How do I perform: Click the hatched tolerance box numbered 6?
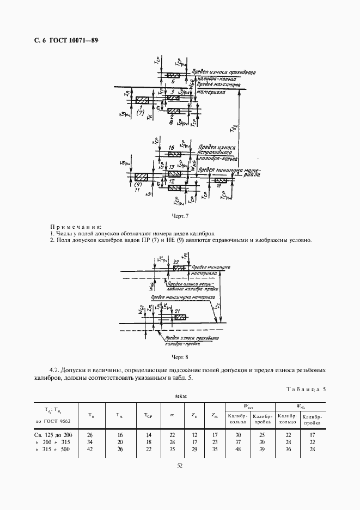pyautogui.click(x=173, y=75)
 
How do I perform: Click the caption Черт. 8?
pyautogui.click(x=179, y=357)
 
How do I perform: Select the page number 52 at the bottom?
pyautogui.click(x=179, y=465)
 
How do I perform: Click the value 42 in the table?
pyautogui.click(x=90, y=450)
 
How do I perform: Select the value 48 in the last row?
pyautogui.click(x=237, y=450)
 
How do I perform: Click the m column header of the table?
pyautogui.click(x=172, y=416)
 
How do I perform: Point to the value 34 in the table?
pyautogui.click(x=90, y=442)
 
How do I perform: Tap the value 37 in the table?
pyautogui.click(x=237, y=442)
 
